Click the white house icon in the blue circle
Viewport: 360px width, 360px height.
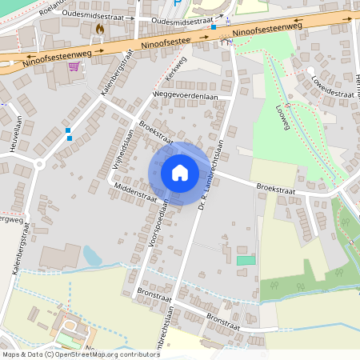click(179, 172)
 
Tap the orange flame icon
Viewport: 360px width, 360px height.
click(100, 29)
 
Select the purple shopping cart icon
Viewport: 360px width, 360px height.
click(74, 66)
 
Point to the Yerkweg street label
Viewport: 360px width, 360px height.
click(175, 71)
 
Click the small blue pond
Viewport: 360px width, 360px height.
click(92, 256)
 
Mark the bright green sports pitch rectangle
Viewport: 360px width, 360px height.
click(246, 261)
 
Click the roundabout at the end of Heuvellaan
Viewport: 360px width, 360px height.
click(38, 165)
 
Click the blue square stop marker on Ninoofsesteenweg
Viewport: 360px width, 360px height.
click(214, 27)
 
